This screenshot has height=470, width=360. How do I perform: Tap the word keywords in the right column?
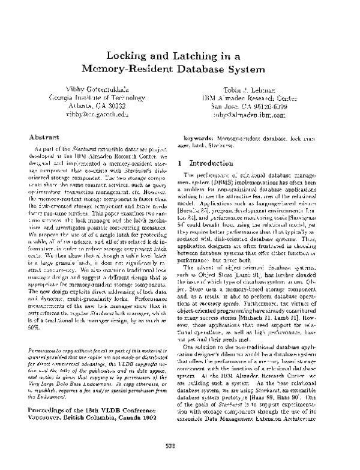click(197, 137)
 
